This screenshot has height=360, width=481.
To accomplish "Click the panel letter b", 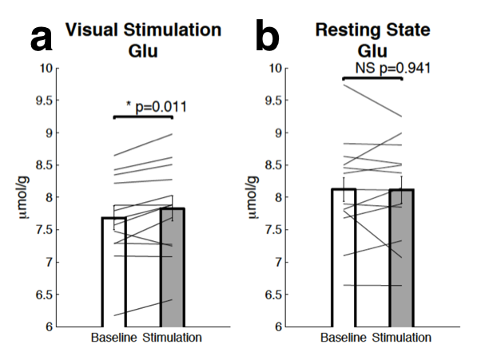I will [268, 38].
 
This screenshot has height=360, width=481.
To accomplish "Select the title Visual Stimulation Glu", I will [143, 39].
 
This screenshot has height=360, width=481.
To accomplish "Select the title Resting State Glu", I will [372, 39].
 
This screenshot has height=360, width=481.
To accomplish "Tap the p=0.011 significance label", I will [157, 105].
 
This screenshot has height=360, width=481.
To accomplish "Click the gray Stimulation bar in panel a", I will [173, 271].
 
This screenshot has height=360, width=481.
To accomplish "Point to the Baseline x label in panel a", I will [114, 338].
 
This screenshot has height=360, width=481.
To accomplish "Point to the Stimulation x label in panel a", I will [173, 338].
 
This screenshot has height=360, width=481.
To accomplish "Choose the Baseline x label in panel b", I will [343, 338].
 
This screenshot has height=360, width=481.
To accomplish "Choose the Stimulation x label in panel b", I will [402, 338].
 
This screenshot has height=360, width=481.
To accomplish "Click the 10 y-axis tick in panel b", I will [277, 69].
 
